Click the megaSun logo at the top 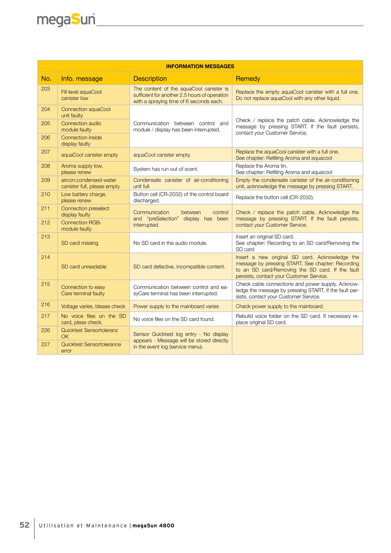click(x=66, y=20)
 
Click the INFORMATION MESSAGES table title click(x=200, y=66)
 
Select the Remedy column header click(x=248, y=79)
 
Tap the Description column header click(x=150, y=79)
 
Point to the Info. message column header click(x=81, y=79)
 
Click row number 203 click(x=46, y=89)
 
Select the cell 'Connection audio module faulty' click(x=81, y=127)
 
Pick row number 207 click(x=46, y=152)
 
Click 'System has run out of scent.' click(x=166, y=169)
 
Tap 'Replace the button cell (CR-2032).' click(x=275, y=197)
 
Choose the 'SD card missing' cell click(x=80, y=243)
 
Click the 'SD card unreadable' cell click(x=83, y=266)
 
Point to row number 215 click(x=46, y=284)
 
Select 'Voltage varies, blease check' click(x=93, y=306)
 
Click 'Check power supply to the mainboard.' click(x=280, y=306)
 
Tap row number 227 click(x=46, y=344)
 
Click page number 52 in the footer click(x=25, y=525)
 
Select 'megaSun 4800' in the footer click(x=153, y=525)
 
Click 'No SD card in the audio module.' click(x=170, y=243)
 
